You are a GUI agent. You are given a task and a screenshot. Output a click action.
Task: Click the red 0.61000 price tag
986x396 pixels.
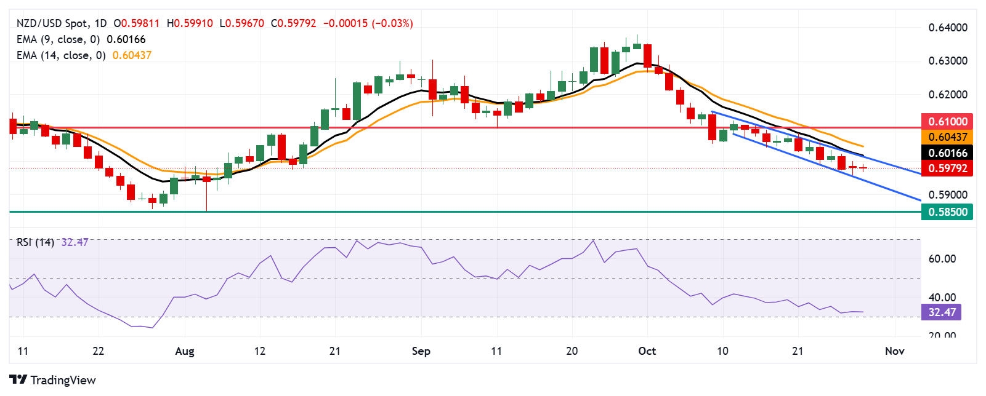pos(947,121)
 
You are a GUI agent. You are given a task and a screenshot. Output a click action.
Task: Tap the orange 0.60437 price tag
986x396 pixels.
pos(947,137)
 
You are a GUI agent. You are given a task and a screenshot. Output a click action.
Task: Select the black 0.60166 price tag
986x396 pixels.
pos(947,152)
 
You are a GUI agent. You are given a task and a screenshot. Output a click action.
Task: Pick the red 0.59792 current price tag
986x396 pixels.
pos(947,168)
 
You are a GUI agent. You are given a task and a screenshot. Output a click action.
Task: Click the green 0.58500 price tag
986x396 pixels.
pos(947,212)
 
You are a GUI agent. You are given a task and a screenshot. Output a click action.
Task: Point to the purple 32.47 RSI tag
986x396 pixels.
pos(942,312)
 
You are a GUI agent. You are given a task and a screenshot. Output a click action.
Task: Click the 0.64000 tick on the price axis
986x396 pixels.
pos(948,28)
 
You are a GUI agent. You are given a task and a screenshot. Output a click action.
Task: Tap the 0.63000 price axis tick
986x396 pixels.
pos(948,61)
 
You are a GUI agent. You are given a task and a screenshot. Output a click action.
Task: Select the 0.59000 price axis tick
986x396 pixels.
pos(948,194)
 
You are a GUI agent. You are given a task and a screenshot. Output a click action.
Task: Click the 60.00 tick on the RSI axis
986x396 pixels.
pos(942,258)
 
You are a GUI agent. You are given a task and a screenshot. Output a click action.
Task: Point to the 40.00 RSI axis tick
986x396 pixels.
pos(942,297)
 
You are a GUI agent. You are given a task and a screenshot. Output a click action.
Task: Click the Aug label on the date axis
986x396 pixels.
pos(185,351)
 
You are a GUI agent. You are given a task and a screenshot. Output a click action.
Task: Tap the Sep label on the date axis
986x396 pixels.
pos(421,351)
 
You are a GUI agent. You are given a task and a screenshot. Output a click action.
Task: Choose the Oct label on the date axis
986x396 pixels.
pos(647,351)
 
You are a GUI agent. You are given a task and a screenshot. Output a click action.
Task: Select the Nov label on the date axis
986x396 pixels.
pos(894,351)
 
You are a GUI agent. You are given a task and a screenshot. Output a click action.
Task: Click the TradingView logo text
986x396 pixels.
pos(63,380)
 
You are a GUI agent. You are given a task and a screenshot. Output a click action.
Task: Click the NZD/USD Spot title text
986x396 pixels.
pos(52,23)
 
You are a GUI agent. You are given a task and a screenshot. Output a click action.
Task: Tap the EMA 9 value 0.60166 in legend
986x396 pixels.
pos(126,39)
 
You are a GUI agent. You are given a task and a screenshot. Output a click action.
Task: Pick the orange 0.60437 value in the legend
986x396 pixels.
pos(132,55)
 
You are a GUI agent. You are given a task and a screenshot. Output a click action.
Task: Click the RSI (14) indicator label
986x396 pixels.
pos(35,242)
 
